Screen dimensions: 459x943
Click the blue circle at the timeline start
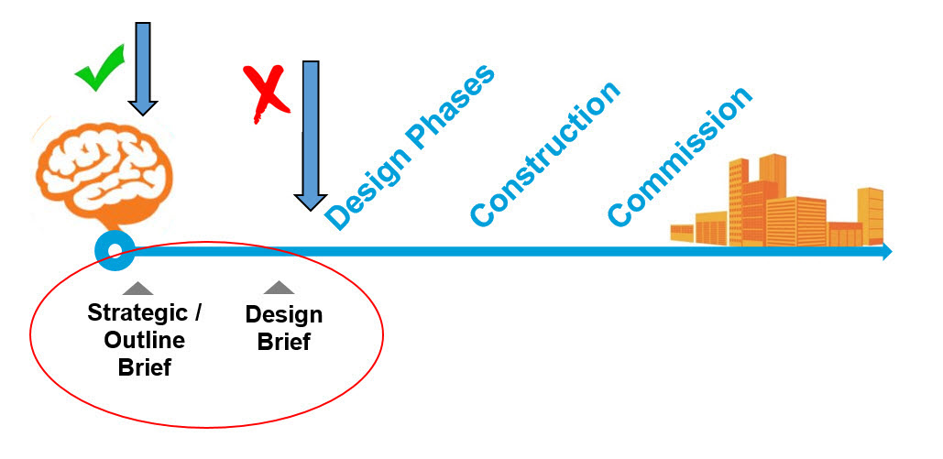[115, 250]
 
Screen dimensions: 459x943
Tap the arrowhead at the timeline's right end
[885, 251]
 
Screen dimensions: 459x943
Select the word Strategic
[135, 312]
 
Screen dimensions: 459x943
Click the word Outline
[144, 341]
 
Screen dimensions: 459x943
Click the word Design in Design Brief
[284, 315]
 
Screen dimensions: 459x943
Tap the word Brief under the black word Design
[284, 344]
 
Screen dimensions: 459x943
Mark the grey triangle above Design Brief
[279, 288]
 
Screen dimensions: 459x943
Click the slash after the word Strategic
[197, 312]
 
